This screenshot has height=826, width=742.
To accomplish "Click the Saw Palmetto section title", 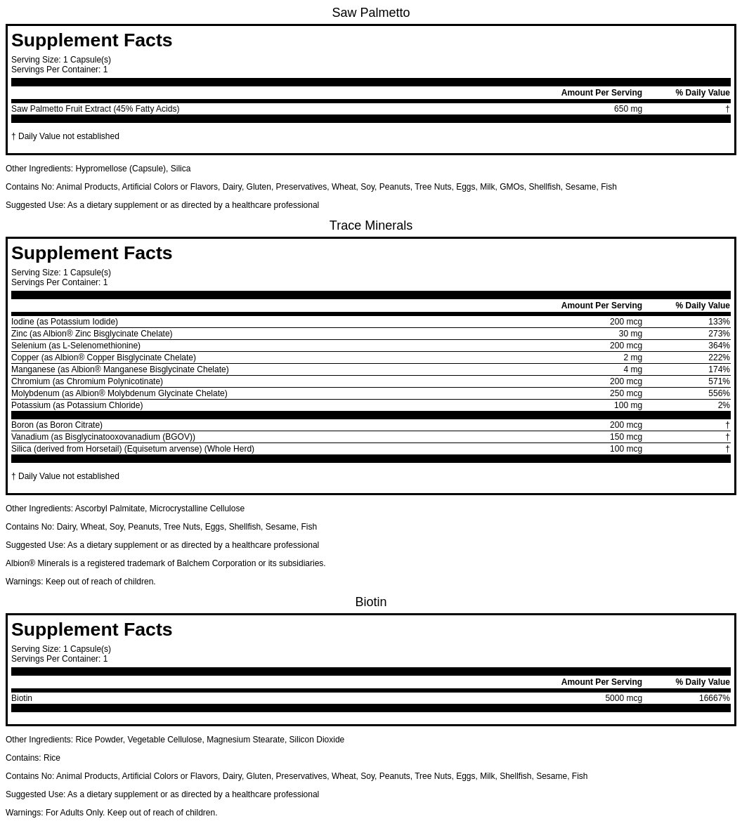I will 370,13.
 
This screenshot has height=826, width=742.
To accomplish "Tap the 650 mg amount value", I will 627,109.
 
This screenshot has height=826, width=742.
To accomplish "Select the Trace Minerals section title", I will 370,225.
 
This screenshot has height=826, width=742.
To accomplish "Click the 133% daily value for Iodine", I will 719,322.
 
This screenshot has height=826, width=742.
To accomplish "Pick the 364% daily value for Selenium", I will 719,346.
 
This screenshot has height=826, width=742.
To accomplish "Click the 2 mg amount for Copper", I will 632,358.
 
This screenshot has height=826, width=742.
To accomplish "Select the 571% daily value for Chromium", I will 719,381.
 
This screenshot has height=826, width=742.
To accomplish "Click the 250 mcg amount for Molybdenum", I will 625,393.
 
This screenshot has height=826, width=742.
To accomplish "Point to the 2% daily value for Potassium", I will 724,405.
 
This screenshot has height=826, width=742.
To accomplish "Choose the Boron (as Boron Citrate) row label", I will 57,425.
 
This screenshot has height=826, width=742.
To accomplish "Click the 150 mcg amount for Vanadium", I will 625,437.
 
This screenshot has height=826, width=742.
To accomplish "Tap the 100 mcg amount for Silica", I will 625,449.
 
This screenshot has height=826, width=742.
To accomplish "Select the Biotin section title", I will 370,602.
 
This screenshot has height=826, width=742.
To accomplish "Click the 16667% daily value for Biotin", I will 714,698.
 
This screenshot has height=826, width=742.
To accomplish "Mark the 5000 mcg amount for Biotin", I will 623,698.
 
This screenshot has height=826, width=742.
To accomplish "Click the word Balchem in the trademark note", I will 193,563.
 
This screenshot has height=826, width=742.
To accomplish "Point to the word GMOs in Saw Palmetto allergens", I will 511,187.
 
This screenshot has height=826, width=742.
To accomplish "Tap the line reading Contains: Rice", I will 33,758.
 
